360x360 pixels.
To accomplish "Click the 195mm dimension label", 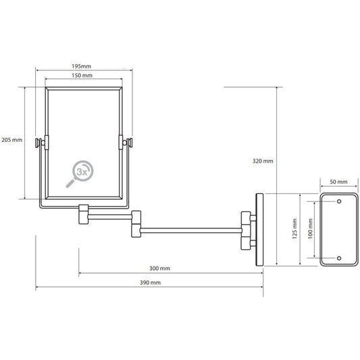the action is tap(82, 66).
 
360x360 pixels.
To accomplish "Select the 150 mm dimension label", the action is tap(82, 76).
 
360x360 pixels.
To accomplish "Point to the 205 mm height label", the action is tap(12, 140).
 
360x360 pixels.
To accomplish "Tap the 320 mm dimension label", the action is tap(263, 161).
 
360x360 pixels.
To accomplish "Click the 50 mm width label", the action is tap(338, 182).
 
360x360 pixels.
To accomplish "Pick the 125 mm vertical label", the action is tap(294, 229).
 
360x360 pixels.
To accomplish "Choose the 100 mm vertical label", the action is tap(310, 229).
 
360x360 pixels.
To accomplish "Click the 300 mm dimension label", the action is tap(160, 268).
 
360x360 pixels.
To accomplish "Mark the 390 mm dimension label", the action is tap(150, 282).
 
